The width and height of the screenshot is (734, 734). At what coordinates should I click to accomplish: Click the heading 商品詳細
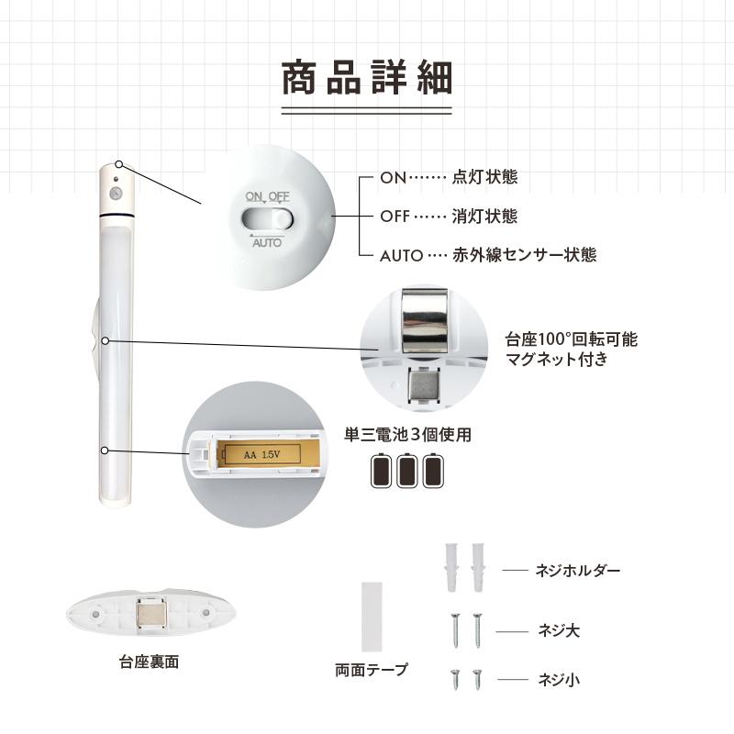click(x=366, y=77)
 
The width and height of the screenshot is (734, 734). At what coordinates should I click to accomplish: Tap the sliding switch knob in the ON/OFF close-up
click(x=282, y=219)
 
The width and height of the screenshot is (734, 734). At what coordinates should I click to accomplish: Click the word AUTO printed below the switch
click(x=267, y=242)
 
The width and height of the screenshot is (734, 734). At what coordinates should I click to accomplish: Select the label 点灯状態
click(x=484, y=177)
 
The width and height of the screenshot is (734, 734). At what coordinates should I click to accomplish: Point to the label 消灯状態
click(x=484, y=217)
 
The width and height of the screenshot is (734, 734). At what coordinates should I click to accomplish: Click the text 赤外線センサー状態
click(x=524, y=255)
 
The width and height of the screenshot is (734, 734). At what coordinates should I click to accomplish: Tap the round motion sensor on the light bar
click(x=116, y=193)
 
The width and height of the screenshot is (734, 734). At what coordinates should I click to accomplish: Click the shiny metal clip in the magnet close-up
click(x=425, y=319)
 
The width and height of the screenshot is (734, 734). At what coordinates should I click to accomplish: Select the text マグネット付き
click(x=557, y=359)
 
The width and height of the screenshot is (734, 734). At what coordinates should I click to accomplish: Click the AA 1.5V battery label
click(x=262, y=454)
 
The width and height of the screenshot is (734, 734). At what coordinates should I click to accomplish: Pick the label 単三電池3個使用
click(x=407, y=434)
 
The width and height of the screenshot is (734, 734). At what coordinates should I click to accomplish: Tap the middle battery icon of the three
click(x=407, y=471)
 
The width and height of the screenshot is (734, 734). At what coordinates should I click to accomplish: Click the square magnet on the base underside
click(x=150, y=612)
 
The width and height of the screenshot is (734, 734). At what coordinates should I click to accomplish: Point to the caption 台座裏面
click(x=150, y=662)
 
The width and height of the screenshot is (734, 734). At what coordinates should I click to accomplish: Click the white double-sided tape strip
click(x=373, y=617)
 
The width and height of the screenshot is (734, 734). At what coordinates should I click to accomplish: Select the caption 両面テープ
click(x=372, y=670)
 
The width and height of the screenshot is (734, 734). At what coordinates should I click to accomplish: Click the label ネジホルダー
click(x=578, y=570)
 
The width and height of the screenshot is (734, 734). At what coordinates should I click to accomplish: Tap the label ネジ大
click(x=559, y=630)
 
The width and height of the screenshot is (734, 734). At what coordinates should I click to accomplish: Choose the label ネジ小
click(x=559, y=679)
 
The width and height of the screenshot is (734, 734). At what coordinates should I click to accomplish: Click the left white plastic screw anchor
click(x=451, y=567)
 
